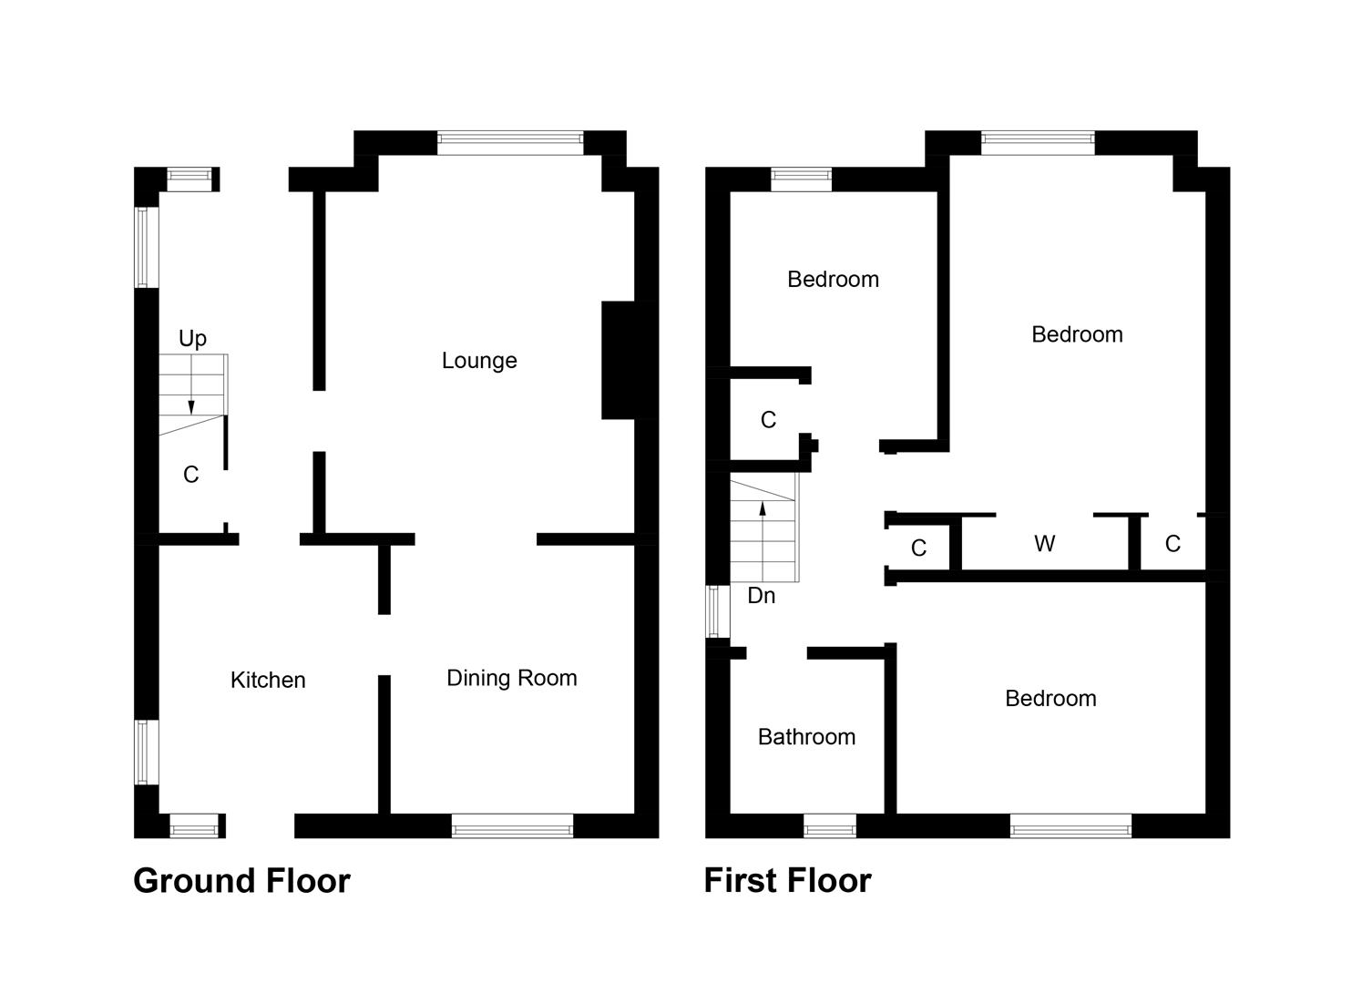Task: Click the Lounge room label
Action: [x=479, y=361]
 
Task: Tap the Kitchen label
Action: [x=268, y=680]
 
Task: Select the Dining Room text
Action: [x=512, y=678]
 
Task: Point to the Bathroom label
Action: [x=806, y=737]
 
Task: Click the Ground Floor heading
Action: [x=242, y=881]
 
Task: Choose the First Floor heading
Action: [x=787, y=881]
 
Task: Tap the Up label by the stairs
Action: [x=193, y=339]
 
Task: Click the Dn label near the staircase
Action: [x=762, y=596]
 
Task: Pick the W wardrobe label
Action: [x=1045, y=544]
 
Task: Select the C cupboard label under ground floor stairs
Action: [x=191, y=475]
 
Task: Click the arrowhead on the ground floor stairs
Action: [x=191, y=407]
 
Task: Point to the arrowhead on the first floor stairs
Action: [x=763, y=508]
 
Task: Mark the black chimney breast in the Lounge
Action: [x=619, y=360]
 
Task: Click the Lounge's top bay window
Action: [x=510, y=143]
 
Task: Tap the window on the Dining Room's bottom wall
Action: [x=512, y=825]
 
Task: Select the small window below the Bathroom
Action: [x=830, y=825]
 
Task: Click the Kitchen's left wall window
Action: [x=147, y=753]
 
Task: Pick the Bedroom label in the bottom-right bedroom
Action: [x=1050, y=699]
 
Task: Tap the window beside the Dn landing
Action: [x=718, y=611]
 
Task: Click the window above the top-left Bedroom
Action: [x=802, y=179]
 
